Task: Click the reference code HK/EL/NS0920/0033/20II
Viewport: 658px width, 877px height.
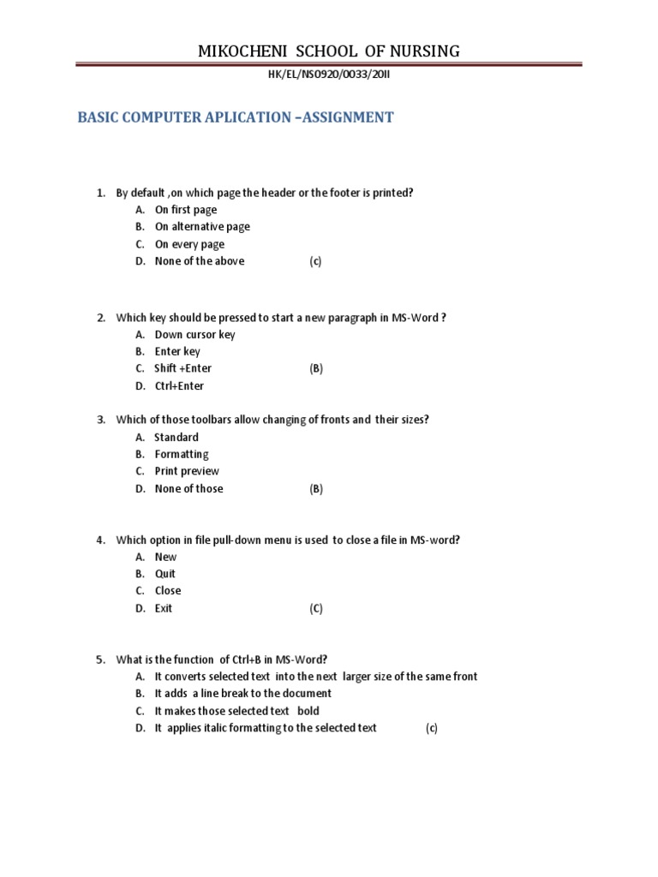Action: pos(329,75)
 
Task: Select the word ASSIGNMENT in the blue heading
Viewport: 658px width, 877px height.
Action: pos(343,117)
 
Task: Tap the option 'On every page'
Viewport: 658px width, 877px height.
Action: pos(189,244)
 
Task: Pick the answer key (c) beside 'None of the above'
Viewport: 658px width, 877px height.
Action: pos(315,261)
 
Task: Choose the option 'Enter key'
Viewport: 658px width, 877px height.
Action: pos(177,351)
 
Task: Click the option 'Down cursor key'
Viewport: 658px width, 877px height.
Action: pos(194,335)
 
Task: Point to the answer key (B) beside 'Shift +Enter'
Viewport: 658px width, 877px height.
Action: pos(316,368)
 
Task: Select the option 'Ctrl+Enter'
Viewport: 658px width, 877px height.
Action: pos(179,386)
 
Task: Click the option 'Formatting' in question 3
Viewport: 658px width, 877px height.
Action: pos(182,454)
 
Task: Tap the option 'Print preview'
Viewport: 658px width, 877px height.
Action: pos(187,471)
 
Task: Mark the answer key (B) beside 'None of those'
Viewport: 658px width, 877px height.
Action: pos(316,489)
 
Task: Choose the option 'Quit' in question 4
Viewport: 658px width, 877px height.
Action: pos(165,574)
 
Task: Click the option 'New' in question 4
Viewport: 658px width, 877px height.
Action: pos(165,557)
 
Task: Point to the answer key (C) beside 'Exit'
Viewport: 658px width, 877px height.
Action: pos(316,609)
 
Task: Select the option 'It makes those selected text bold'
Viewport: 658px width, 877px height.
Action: pos(236,711)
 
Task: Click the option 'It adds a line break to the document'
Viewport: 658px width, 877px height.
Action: pos(242,694)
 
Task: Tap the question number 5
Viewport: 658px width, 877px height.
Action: pos(99,659)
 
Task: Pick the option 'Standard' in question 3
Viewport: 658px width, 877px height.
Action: pos(176,437)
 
